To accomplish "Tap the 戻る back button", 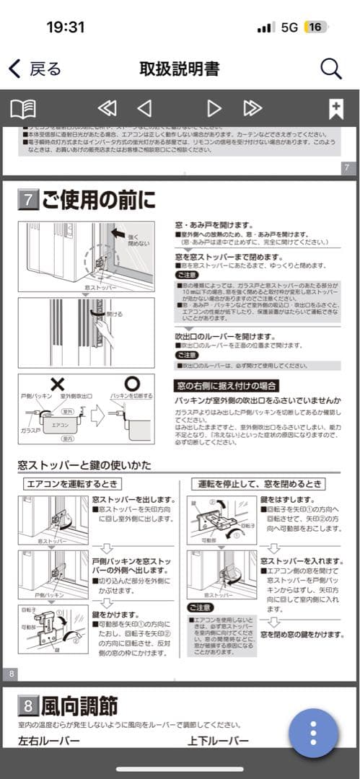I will (x=35, y=69).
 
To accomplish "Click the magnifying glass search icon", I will (x=330, y=69).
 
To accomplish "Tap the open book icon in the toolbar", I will (x=22, y=109).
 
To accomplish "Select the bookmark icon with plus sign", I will (x=335, y=109).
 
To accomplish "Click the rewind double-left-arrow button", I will (x=107, y=109).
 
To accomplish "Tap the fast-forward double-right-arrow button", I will (x=253, y=109).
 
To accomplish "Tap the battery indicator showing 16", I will (x=315, y=27).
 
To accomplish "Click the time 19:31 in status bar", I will (x=65, y=27).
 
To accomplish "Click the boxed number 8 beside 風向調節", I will (x=27, y=705).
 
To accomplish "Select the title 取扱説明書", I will (x=179, y=69).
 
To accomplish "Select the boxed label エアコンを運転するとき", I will (x=72, y=483).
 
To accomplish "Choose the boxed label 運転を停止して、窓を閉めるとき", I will (x=258, y=483).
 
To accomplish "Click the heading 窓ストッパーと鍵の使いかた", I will (x=86, y=465).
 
